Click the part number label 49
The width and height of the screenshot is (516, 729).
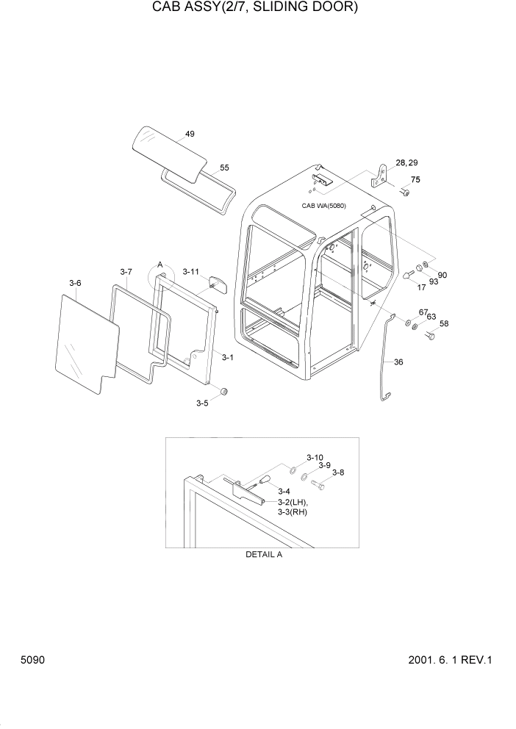(190, 134)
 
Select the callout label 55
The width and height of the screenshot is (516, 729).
(225, 168)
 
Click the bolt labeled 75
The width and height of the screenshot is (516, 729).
(405, 192)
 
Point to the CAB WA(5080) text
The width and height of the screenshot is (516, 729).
(323, 206)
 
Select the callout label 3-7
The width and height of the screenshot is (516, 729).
(126, 272)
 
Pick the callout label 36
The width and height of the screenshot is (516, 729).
(398, 362)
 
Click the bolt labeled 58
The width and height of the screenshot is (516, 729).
(430, 336)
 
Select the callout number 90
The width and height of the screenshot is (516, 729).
(442, 276)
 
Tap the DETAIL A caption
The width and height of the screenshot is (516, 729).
(264, 555)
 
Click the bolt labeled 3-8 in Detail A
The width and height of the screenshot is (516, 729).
(317, 484)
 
